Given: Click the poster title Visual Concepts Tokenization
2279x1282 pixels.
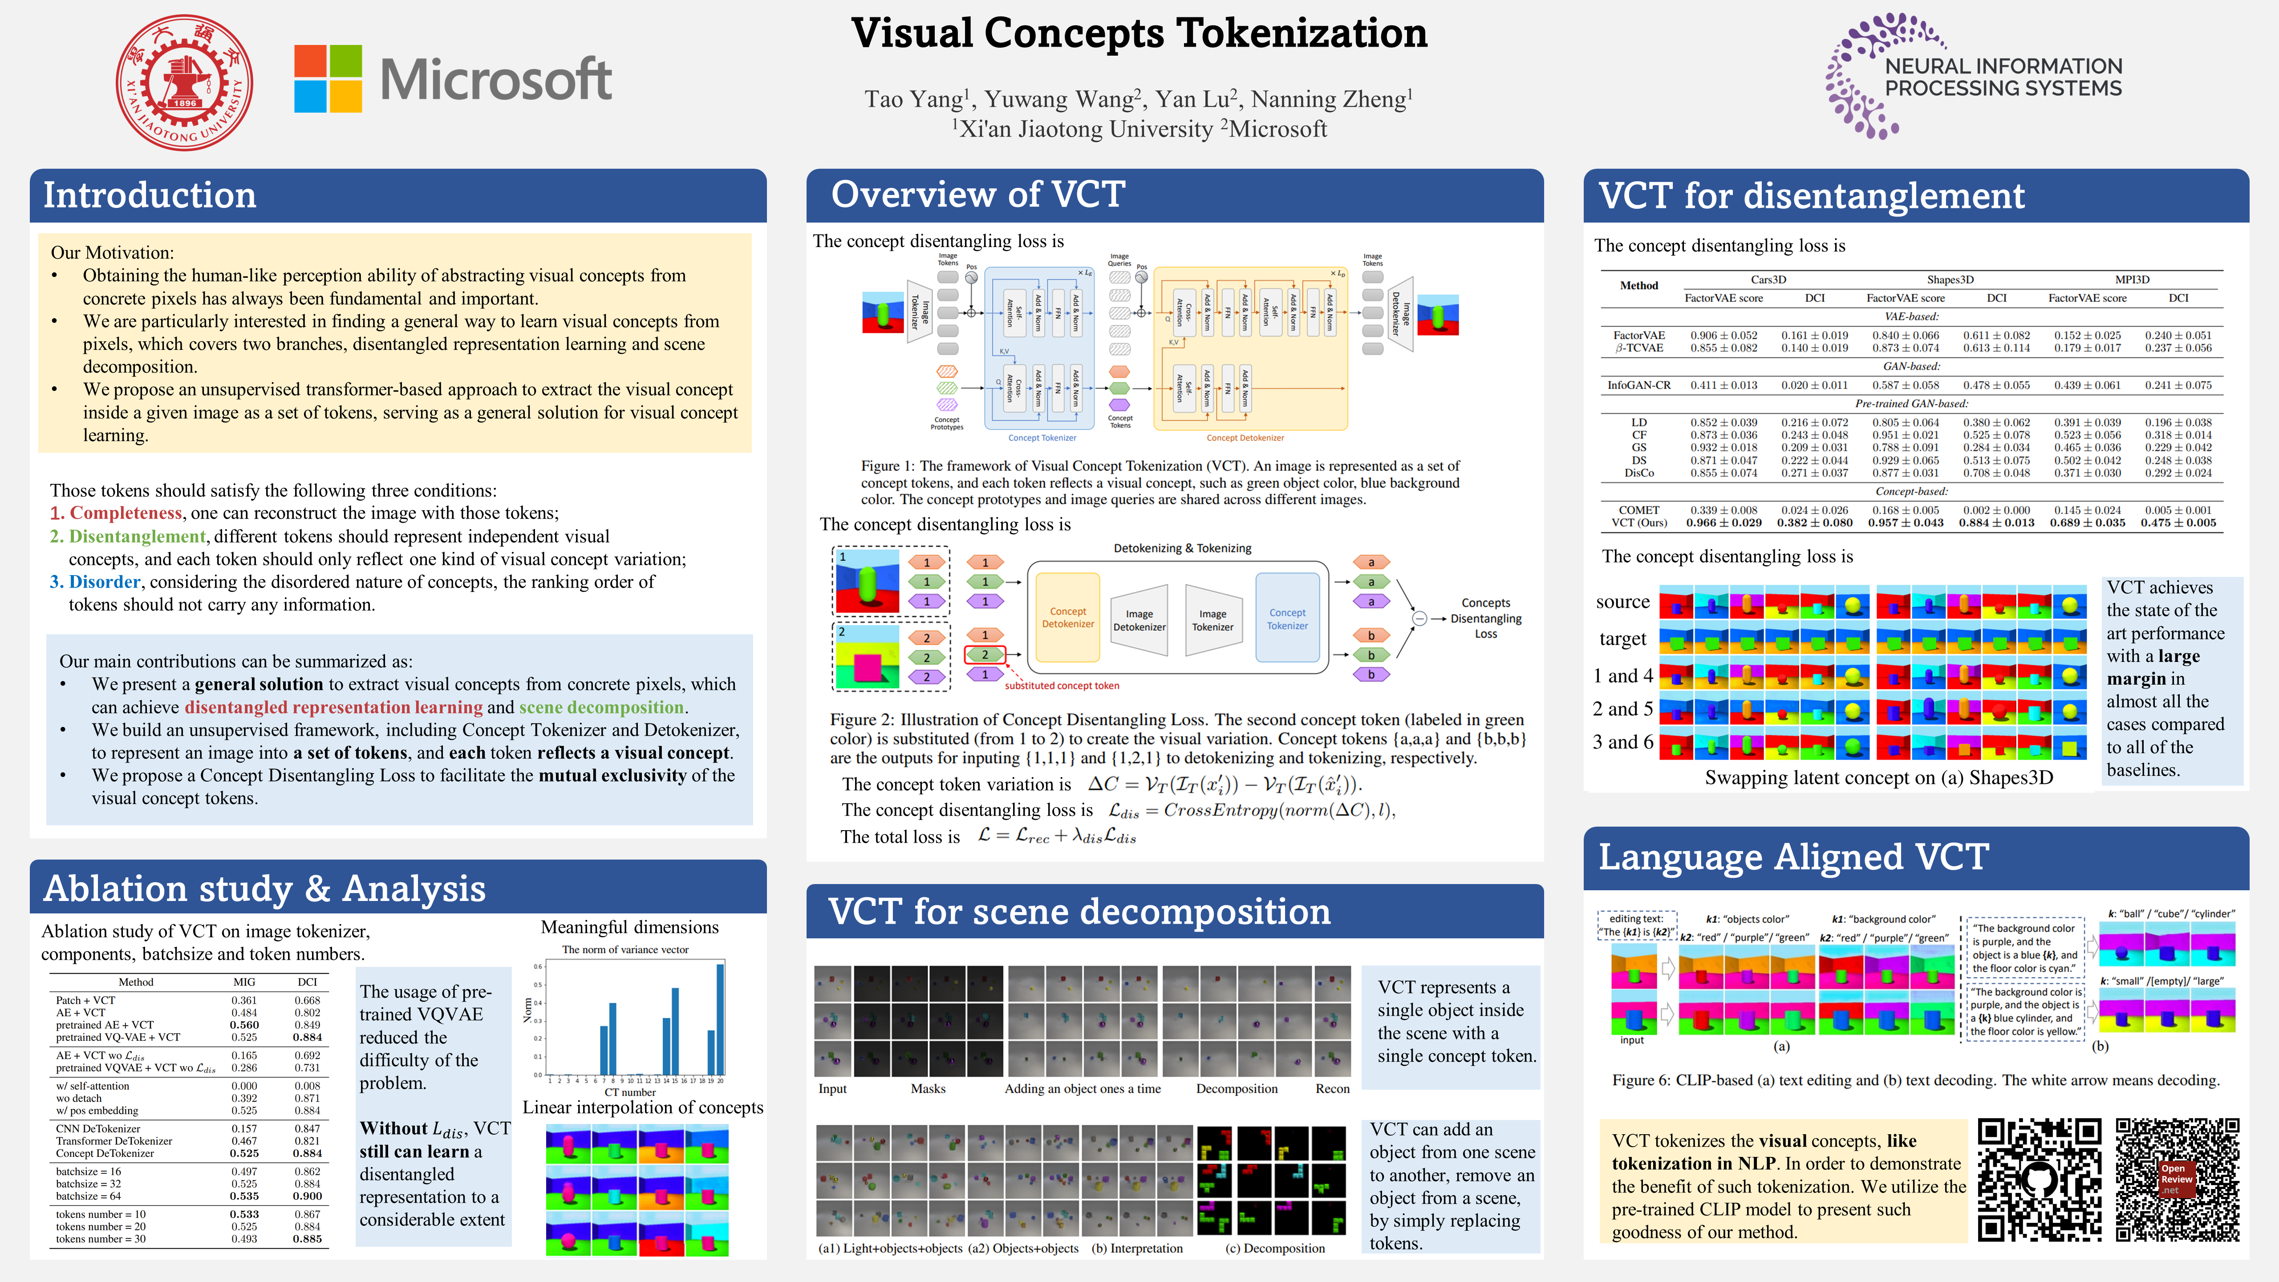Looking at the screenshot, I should (x=1139, y=34).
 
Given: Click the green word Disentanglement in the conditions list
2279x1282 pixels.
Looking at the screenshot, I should (x=137, y=536).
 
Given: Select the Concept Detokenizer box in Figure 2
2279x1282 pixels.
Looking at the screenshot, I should (x=1068, y=617).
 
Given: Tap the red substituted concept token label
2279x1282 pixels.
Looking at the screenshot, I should (x=1062, y=686).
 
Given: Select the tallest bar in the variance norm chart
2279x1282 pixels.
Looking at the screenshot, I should (x=720, y=1019).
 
